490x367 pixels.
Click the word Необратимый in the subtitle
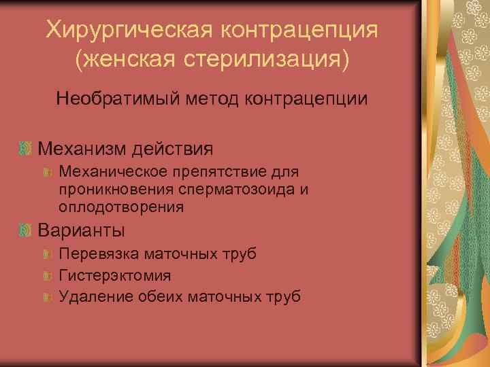115,99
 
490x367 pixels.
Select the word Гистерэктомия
115,275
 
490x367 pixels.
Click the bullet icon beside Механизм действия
25,148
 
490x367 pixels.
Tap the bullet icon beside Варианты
25,230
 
